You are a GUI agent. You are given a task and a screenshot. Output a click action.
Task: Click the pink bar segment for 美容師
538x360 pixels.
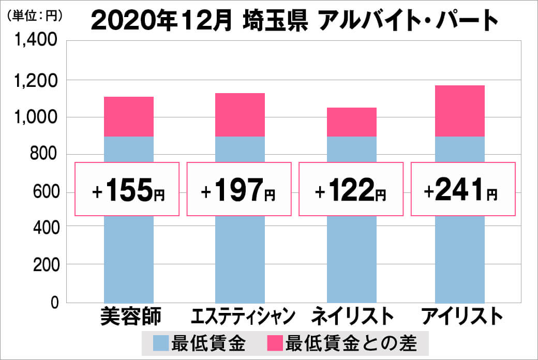tap(129, 116)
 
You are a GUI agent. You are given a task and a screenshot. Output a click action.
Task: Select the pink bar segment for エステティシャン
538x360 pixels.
tap(240, 115)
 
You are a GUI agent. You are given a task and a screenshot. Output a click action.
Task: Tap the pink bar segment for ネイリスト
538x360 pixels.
tap(352, 122)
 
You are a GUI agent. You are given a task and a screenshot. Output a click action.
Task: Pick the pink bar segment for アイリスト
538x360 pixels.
tap(460, 111)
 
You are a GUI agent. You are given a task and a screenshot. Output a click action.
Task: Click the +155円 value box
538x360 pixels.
tap(127, 189)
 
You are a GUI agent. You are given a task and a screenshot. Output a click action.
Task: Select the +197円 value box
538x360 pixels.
tap(238, 189)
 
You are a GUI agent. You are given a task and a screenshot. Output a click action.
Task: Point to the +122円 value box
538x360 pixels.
tap(351, 189)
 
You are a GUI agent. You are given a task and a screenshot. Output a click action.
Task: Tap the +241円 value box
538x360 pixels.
tap(463, 189)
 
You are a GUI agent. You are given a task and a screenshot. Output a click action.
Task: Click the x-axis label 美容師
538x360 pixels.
tap(131, 316)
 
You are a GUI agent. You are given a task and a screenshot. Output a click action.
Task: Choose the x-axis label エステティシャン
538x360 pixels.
tap(243, 316)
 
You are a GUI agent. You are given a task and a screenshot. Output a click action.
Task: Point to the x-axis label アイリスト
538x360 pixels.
tap(462, 316)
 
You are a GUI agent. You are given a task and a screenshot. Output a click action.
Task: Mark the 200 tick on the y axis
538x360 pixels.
tap(43, 265)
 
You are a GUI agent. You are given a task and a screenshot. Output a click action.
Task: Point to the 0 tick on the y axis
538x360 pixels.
tap(54, 303)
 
